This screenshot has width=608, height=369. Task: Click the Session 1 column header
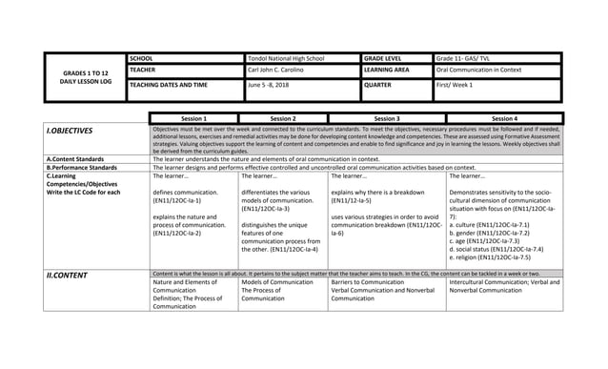(193, 118)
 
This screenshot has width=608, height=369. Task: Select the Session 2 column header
(282, 118)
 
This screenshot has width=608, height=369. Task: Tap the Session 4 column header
(504, 118)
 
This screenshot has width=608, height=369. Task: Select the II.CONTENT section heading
(66, 275)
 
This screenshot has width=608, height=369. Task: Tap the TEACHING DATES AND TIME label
(169, 85)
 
